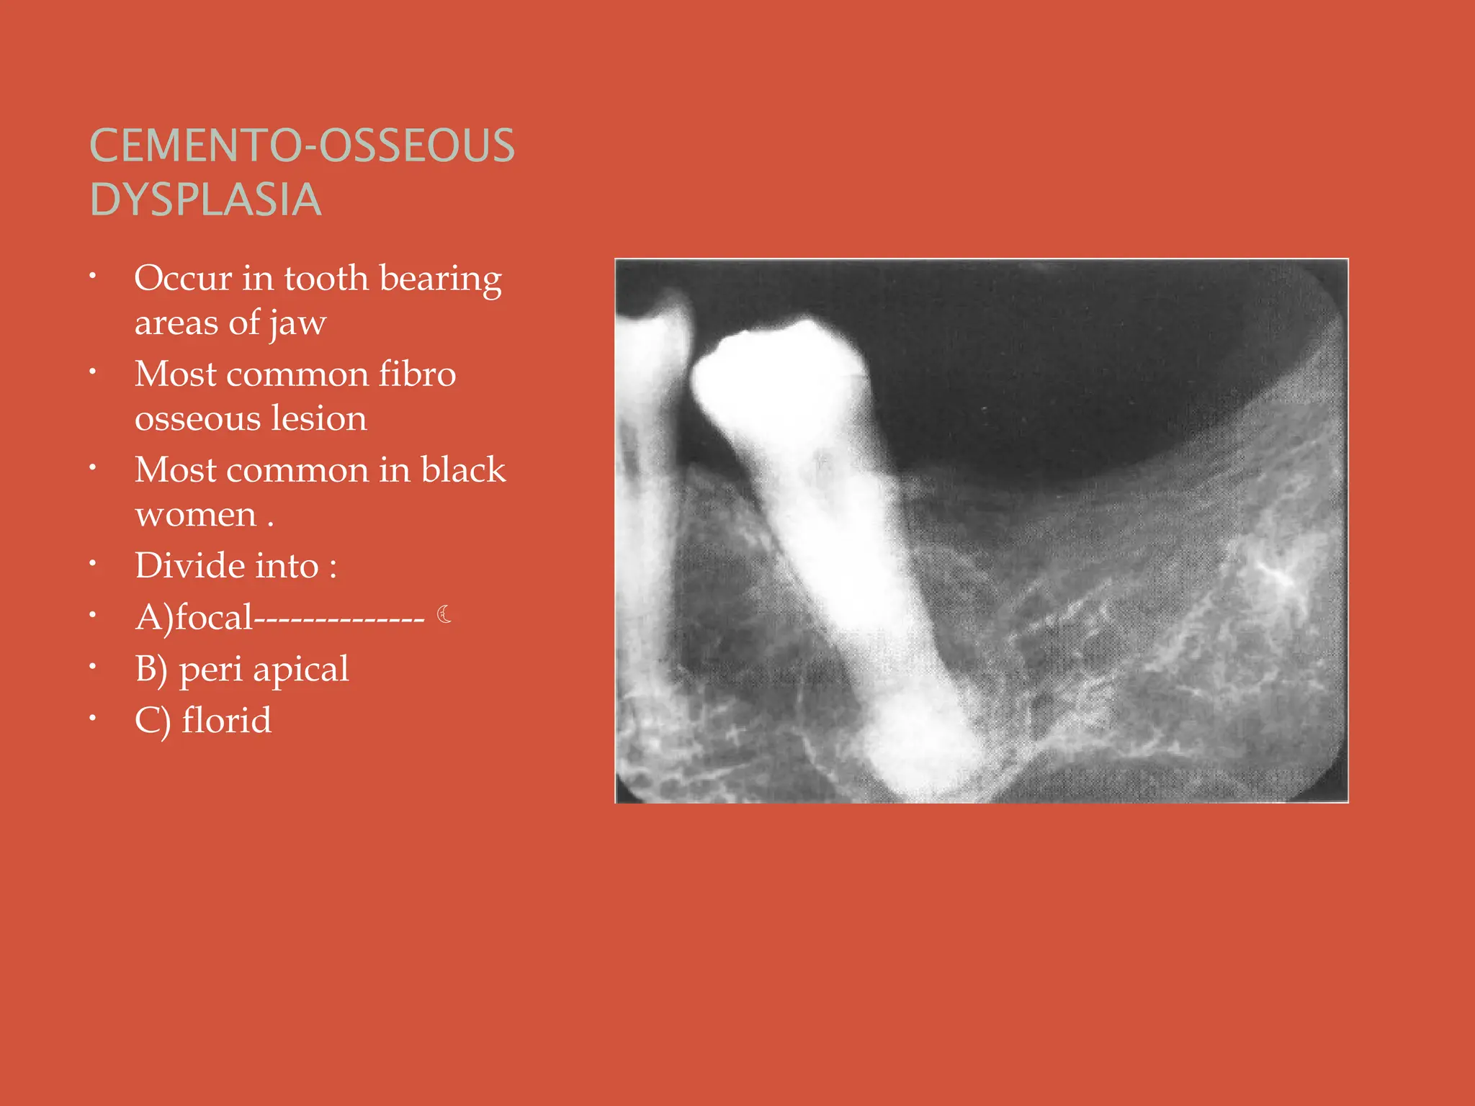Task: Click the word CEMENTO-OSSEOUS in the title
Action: tap(302, 145)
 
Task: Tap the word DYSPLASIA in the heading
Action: tap(205, 199)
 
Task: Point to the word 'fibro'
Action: tap(417, 374)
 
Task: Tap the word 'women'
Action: tap(195, 514)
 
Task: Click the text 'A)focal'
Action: tap(194, 618)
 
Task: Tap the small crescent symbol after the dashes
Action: tap(444, 614)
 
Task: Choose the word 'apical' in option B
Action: tap(300, 670)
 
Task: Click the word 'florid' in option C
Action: tap(226, 720)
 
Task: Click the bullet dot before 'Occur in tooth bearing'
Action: tap(93, 276)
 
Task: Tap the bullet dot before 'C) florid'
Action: tap(93, 718)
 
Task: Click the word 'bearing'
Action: tap(440, 279)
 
